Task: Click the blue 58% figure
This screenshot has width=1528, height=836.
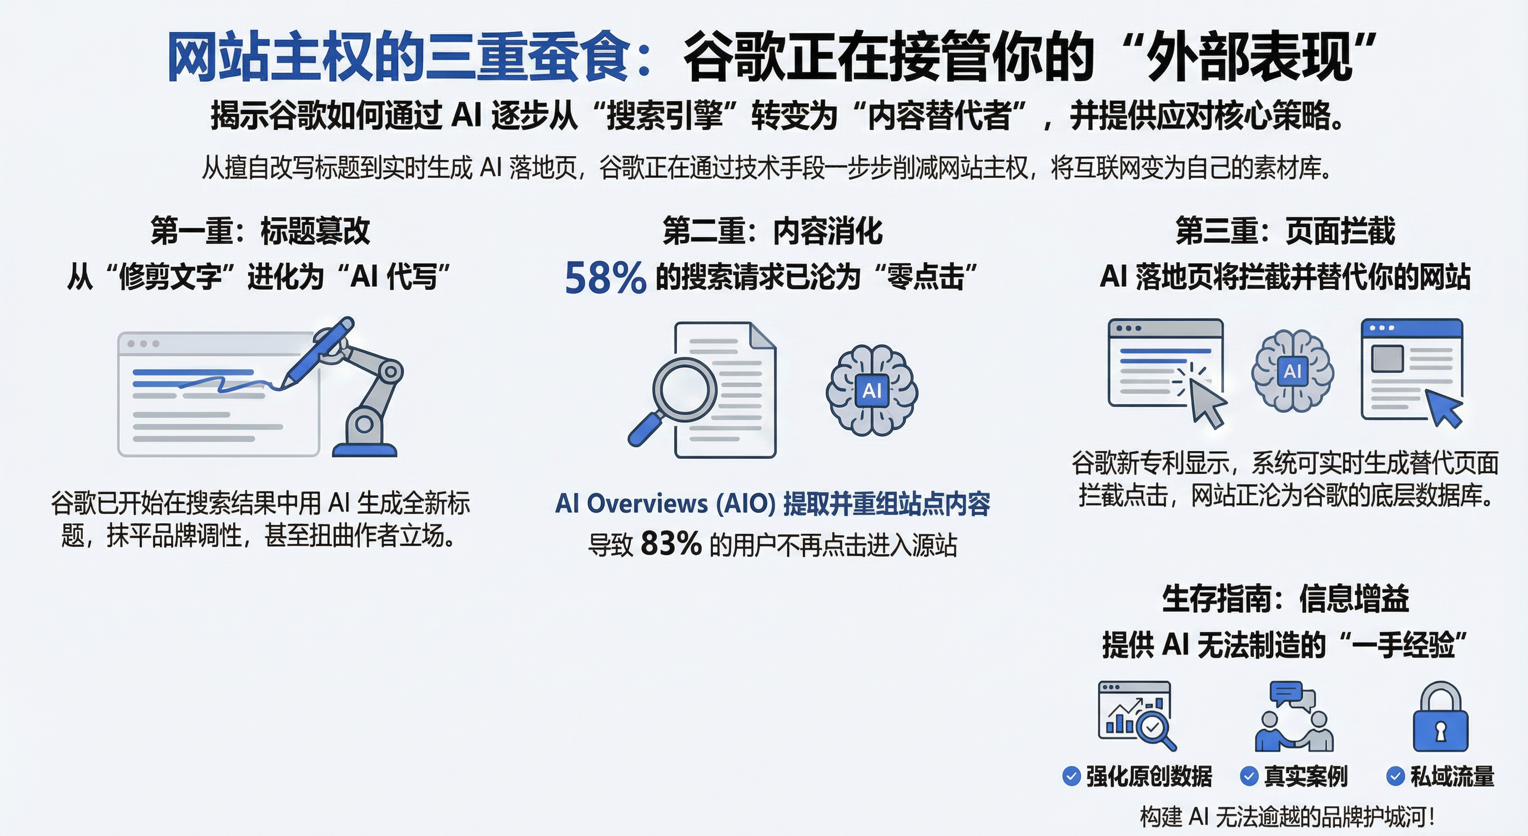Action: (x=605, y=278)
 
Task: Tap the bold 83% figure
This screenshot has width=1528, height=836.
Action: (x=671, y=543)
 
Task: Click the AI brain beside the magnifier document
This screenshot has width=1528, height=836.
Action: (x=871, y=391)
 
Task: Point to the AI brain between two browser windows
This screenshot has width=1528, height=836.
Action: (x=1293, y=371)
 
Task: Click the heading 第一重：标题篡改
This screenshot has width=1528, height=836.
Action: (x=260, y=231)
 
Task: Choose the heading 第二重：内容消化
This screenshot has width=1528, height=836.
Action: (x=772, y=231)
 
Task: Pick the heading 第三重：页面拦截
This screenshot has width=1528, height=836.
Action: (x=1285, y=231)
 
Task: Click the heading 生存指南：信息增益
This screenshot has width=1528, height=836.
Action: (x=1285, y=598)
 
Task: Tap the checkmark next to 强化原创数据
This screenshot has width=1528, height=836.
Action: (x=1071, y=776)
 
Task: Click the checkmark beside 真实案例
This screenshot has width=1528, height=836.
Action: (x=1249, y=776)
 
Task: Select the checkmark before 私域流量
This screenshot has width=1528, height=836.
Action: (x=1395, y=776)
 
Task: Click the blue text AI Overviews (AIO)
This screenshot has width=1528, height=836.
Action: (x=665, y=504)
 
